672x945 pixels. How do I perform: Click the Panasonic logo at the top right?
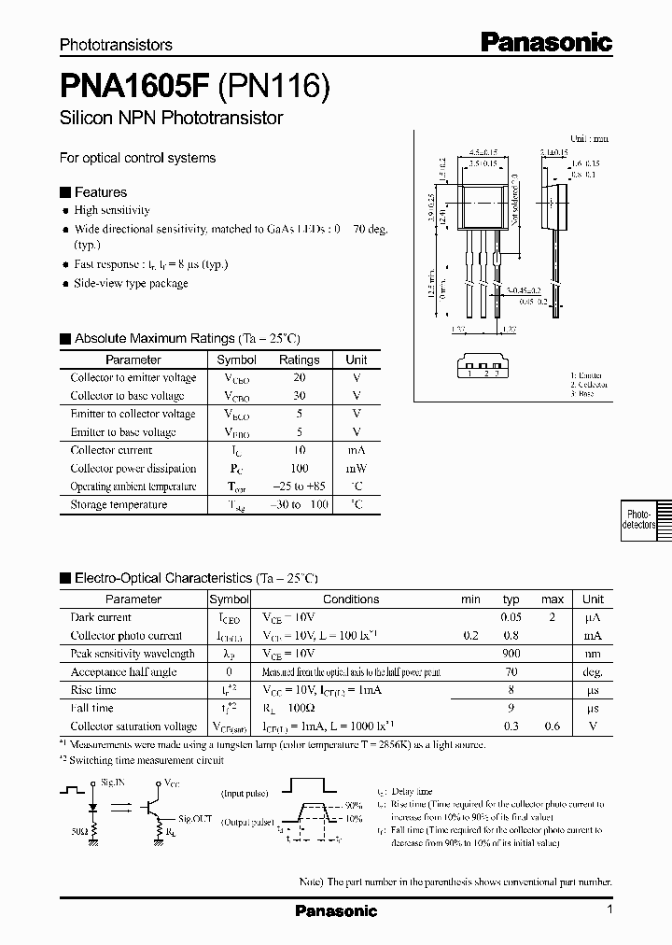point(546,41)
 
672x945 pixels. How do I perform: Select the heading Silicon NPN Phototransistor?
point(171,119)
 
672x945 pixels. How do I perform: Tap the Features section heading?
point(100,192)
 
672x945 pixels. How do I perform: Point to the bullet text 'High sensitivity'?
point(112,211)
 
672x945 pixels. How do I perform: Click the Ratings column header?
point(299,360)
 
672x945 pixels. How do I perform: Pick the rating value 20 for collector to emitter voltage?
point(299,378)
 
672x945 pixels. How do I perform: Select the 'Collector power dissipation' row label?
point(133,469)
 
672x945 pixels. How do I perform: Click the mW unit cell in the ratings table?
point(357,469)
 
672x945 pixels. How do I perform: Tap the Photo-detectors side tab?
point(639,520)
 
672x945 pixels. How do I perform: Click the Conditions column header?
point(351,599)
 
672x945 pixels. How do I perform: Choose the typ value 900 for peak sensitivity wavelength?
point(511,654)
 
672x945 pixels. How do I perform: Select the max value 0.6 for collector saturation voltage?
point(553,726)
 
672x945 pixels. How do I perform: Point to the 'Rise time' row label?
point(93,690)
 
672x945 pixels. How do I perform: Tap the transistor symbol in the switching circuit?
point(152,804)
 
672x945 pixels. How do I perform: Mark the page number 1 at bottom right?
point(609,910)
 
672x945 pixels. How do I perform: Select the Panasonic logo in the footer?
point(336,910)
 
